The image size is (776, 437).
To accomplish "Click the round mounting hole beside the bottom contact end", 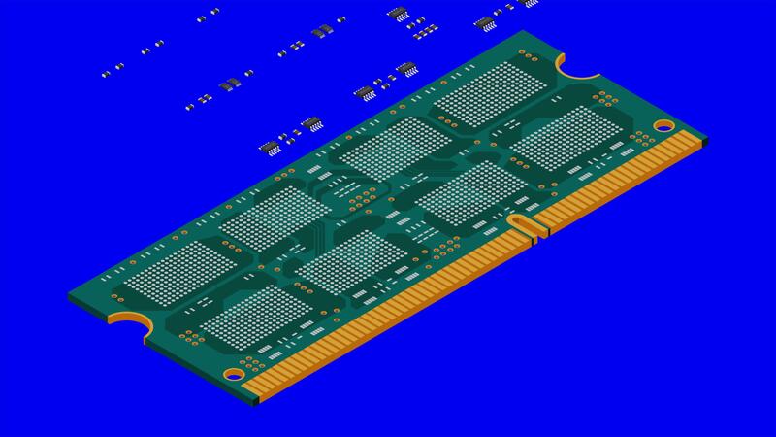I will click(x=234, y=374).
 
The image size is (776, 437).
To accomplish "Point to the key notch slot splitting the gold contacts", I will click(x=524, y=225).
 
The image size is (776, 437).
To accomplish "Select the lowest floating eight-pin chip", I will click(x=269, y=148).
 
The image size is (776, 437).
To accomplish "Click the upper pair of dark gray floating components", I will click(x=321, y=30).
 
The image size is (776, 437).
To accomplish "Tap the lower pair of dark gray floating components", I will click(x=229, y=84).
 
